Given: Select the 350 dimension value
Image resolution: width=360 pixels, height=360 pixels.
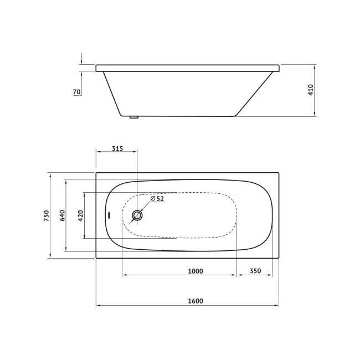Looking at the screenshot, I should [x=255, y=271].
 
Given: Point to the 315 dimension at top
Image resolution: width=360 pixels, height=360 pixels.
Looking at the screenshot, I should [x=117, y=149].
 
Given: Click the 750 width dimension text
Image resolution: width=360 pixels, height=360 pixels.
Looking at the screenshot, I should [x=47, y=215].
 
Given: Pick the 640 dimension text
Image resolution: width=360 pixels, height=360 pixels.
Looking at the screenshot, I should [x=63, y=215].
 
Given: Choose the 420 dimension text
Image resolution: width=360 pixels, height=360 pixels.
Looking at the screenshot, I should [x=80, y=215].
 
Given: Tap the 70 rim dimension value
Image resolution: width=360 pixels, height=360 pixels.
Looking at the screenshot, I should [x=76, y=91].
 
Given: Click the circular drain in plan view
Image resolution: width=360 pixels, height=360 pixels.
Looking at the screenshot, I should [x=137, y=215].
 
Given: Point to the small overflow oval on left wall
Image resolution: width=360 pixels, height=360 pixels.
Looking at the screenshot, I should [x=109, y=215].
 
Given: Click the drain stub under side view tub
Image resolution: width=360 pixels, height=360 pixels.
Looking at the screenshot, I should [x=133, y=117].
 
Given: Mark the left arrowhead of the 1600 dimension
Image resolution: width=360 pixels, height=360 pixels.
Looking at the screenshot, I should [x=98, y=305].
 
